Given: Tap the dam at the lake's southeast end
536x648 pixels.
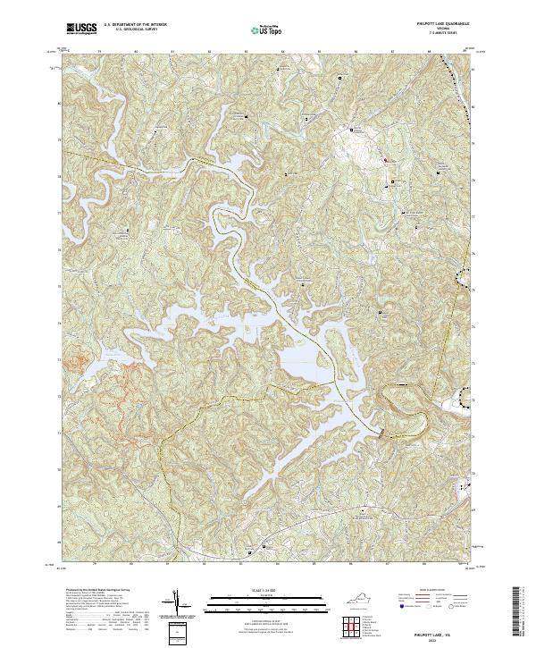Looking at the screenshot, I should [385, 433].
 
